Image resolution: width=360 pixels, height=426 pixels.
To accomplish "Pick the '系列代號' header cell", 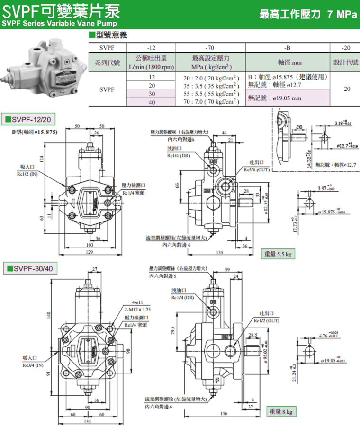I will (108, 62).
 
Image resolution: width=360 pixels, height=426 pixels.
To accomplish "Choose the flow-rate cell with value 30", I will (152, 94).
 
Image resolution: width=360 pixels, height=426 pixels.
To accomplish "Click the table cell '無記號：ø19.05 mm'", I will (275, 98).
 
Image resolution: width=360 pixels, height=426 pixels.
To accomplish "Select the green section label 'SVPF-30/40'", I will (31, 269).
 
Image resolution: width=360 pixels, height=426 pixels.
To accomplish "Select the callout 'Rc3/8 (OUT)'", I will (256, 169).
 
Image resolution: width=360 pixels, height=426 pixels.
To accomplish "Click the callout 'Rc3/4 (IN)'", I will (33, 365).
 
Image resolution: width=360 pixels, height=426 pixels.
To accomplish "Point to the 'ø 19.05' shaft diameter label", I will (335, 360).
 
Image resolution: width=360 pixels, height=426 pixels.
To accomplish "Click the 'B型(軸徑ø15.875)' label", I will (35, 132).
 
